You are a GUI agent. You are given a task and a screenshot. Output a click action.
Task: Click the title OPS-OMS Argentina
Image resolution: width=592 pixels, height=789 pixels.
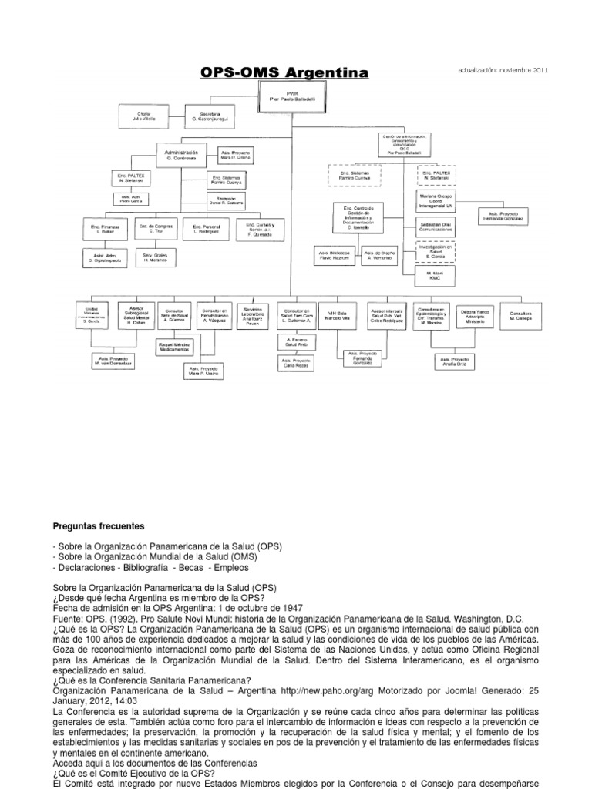click(284, 73)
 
